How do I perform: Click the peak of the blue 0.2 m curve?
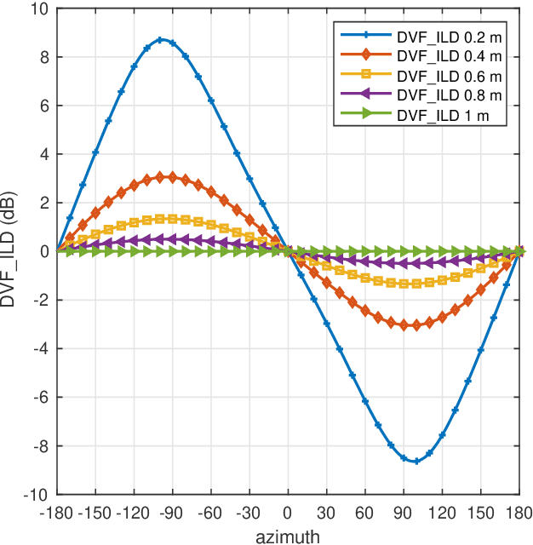[160, 39]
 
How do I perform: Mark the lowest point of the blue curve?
[416, 462]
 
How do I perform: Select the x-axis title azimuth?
[288, 536]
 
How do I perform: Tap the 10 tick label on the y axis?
[41, 9]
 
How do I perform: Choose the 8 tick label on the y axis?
[44, 58]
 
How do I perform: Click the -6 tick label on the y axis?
[41, 398]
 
